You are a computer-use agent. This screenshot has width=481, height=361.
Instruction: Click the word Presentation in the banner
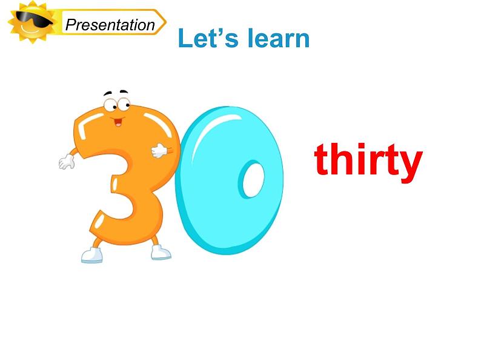point(110,25)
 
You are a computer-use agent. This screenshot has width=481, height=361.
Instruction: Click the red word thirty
point(367,161)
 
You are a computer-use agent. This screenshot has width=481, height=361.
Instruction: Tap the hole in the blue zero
point(251,179)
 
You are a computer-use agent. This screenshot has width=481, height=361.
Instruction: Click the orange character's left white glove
point(66,161)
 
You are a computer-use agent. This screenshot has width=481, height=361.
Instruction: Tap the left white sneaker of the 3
point(93,255)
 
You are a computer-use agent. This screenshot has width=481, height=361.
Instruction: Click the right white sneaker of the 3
point(160,251)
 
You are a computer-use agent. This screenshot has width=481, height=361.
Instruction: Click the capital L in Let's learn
point(185,39)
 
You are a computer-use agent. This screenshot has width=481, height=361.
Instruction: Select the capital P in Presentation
point(70,25)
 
